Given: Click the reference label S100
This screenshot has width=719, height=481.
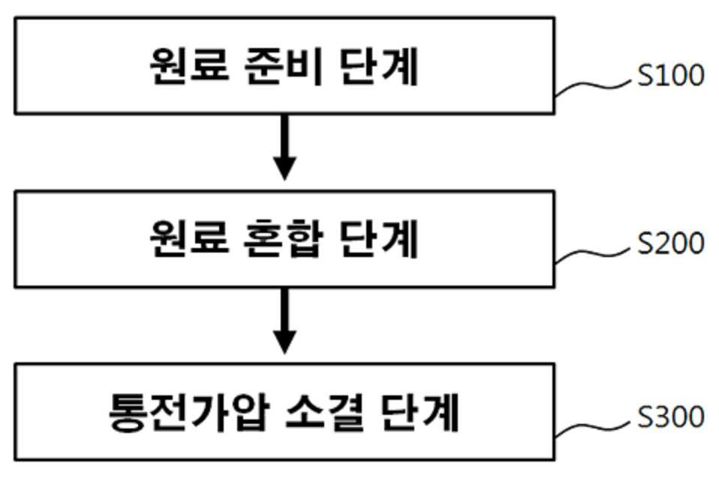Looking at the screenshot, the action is [671, 75].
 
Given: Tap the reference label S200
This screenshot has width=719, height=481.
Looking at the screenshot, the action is [671, 243].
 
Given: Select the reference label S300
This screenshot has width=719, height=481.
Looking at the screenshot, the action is [671, 416].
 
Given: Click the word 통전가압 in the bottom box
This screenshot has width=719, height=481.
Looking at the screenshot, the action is [188, 412].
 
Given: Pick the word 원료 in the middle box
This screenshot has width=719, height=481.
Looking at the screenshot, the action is [189, 239].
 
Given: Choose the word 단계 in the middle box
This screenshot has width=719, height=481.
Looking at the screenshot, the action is [379, 239].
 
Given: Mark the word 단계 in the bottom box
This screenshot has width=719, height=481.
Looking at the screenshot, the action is [420, 412].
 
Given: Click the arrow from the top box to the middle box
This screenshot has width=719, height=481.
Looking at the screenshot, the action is [284, 147].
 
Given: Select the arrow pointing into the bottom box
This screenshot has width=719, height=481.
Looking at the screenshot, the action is [284, 320].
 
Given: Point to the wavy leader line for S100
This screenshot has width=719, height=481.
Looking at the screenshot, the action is [592, 86].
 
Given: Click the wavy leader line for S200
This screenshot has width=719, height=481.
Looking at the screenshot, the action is [592, 253].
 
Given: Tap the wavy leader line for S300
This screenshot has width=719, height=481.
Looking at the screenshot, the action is [592, 427].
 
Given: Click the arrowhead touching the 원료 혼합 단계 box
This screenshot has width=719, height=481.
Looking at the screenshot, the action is [284, 168].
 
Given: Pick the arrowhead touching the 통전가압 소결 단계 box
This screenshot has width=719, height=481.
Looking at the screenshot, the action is [284, 342].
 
